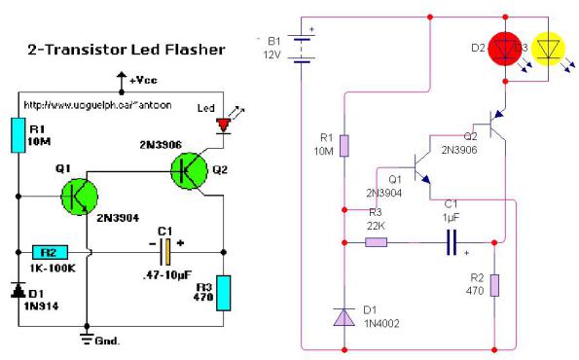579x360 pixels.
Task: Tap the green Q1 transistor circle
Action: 79,195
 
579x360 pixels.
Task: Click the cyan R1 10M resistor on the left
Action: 18,135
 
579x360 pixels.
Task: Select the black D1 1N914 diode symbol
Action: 18,290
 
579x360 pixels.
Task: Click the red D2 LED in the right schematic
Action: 504,47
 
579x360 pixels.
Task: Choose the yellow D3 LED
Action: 550,47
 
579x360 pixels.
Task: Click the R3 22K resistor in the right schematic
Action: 376,241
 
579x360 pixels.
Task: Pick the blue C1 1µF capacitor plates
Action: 452,243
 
